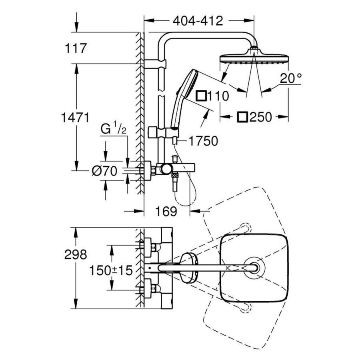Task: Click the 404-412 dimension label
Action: [x=198, y=21]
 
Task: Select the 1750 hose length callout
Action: [x=204, y=141]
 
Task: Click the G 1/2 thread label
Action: [x=113, y=129]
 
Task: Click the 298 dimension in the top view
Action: [x=76, y=255]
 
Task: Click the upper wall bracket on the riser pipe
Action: [x=155, y=64]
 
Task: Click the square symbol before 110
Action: [x=201, y=96]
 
